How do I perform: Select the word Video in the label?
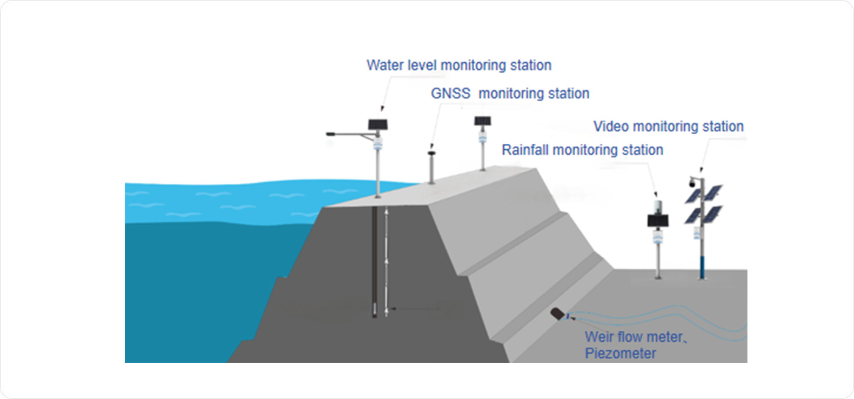611,127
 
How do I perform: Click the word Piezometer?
620,353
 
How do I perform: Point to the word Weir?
599,337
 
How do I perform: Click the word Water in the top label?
385,65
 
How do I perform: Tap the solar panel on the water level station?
377,124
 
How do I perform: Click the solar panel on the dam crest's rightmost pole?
483,121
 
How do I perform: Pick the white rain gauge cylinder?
657,206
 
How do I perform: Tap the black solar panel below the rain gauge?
657,220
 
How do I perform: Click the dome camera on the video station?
691,183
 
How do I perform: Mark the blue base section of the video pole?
702,266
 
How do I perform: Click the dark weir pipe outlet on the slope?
558,314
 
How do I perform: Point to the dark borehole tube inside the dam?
374,262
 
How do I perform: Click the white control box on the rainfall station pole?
658,235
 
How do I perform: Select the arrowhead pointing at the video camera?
701,170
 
